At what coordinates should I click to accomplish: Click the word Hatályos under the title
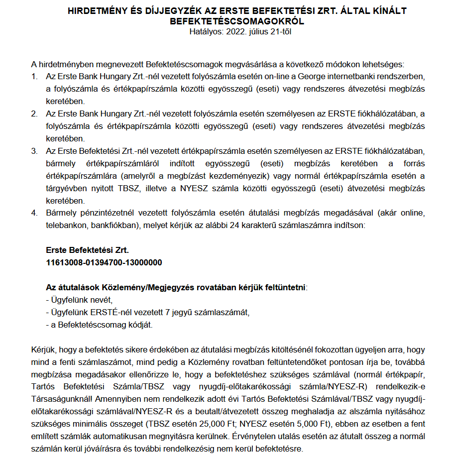pyautogui.click(x=207, y=32)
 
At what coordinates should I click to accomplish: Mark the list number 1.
pyautogui.click(x=34, y=77)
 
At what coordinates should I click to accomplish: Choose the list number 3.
pyautogui.click(x=34, y=151)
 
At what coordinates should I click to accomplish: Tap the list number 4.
pyautogui.click(x=34, y=213)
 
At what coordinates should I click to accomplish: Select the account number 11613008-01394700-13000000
pyautogui.click(x=104, y=262)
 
